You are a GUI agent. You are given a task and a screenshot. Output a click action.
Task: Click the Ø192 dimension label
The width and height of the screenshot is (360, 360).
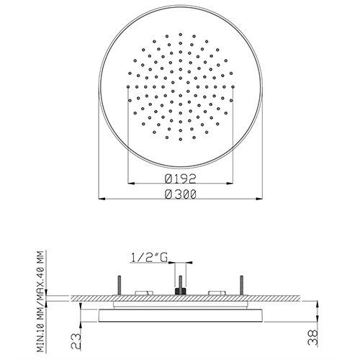(181, 179)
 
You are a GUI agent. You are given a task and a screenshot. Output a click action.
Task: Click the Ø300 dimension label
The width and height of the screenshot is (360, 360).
(181, 194)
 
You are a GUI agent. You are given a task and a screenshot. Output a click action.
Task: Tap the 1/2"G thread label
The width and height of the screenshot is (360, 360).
(149, 258)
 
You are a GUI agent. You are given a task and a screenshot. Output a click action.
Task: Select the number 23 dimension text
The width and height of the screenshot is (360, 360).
(76, 341)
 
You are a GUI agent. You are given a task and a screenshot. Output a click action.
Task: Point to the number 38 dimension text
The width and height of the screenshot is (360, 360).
(312, 337)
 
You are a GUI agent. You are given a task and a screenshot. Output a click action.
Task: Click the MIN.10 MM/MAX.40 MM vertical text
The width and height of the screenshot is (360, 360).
(41, 302)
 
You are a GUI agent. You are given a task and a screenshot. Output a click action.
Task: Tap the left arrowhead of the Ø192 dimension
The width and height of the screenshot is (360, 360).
(131, 184)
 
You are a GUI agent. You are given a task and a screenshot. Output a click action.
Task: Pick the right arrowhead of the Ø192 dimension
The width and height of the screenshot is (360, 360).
(230, 184)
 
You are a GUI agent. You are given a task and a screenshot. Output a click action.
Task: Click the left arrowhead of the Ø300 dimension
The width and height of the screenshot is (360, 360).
(102, 199)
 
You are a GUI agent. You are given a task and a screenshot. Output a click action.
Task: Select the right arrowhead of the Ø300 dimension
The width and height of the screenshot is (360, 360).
(258, 199)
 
